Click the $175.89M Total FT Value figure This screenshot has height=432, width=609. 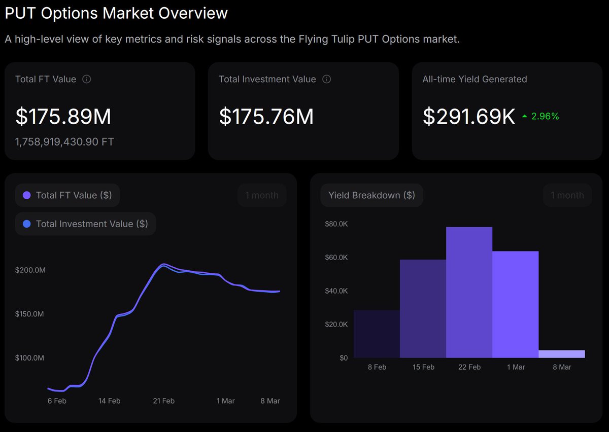(63, 117)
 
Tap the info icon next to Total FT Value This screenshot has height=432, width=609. (87, 79)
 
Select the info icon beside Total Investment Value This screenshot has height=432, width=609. (327, 79)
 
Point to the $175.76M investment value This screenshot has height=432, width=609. (266, 117)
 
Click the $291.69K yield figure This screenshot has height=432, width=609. (469, 117)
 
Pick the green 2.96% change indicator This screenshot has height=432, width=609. (541, 117)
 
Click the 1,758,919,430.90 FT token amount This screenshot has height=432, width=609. (64, 141)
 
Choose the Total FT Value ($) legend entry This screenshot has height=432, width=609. (67, 195)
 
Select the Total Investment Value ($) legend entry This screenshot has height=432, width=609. (85, 224)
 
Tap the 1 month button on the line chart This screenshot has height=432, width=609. (262, 195)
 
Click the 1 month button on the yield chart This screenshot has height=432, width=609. (567, 195)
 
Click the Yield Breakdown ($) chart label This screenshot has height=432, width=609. (371, 195)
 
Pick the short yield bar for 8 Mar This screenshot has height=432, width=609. (561, 354)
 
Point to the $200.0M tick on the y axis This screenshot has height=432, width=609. (30, 270)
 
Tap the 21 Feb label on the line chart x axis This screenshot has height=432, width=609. (163, 401)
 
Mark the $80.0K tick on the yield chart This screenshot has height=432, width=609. (336, 224)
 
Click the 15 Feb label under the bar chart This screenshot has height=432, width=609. (423, 367)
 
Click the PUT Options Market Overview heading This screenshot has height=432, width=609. (116, 13)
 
